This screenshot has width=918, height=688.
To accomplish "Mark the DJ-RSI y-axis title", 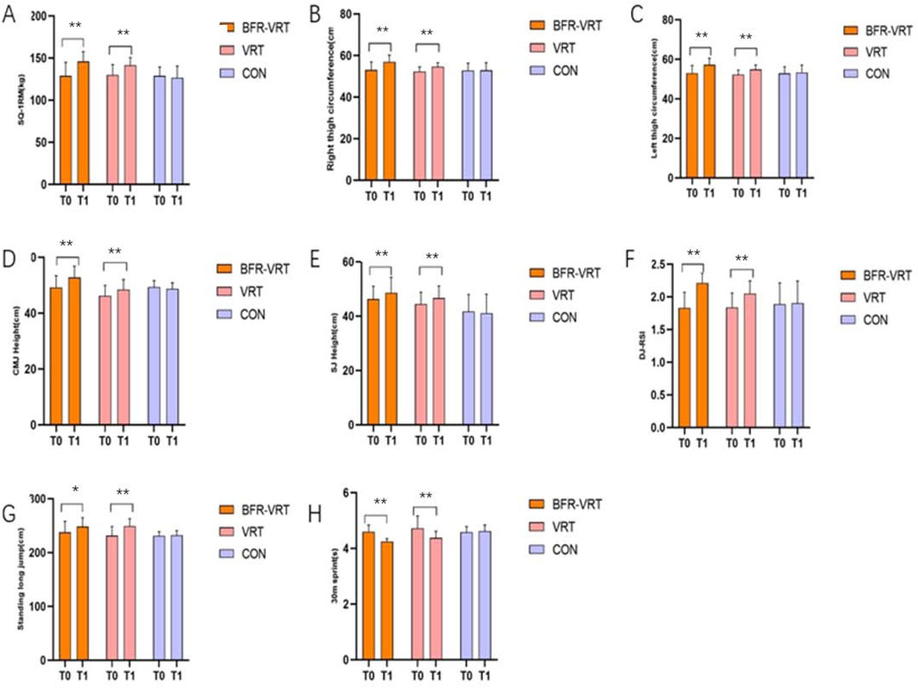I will [x=639, y=346].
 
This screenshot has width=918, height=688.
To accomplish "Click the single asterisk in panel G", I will [x=75, y=491].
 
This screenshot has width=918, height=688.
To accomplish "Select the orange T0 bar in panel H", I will [x=368, y=595].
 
